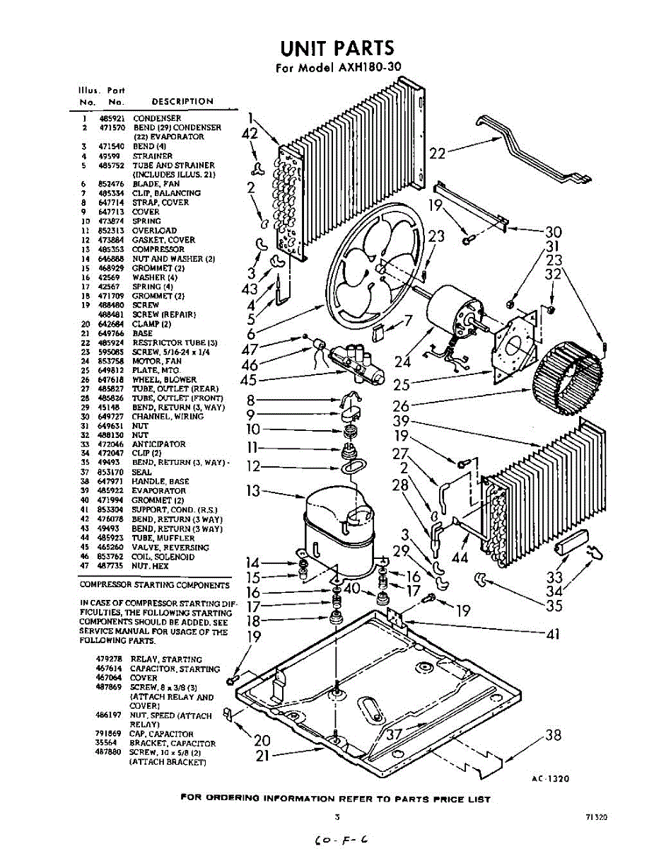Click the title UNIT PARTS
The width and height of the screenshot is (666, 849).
[x=337, y=48]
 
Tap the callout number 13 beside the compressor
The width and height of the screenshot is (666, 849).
[x=252, y=490]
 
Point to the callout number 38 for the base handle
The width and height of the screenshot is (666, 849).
[x=554, y=736]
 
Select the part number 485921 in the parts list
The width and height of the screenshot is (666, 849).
[x=111, y=118]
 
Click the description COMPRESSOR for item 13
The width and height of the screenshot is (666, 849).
[x=158, y=249]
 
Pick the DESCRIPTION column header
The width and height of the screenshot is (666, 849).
[x=182, y=101]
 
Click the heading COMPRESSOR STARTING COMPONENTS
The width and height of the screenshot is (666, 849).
[x=154, y=585]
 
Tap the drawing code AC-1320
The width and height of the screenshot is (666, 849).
[x=550, y=778]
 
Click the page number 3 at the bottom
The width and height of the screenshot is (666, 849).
[x=338, y=816]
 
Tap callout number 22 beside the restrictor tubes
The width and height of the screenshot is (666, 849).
[x=437, y=152]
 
